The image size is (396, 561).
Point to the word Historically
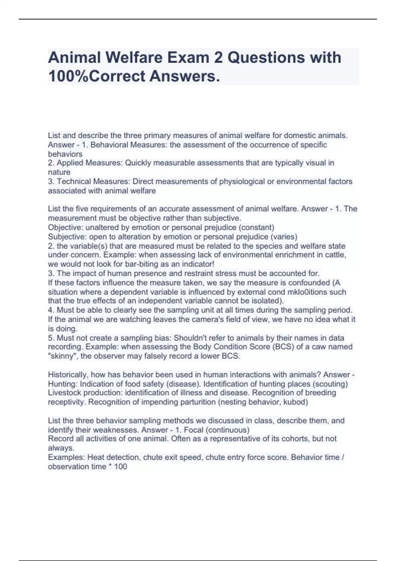click(x=68, y=375)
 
